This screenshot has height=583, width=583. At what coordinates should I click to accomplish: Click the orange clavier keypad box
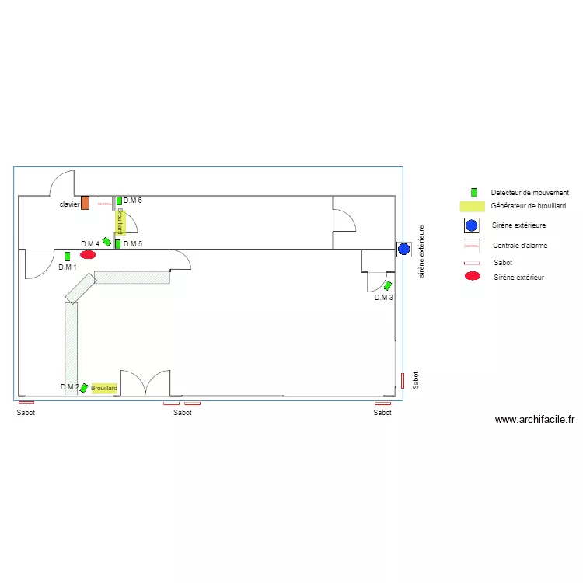click(x=86, y=203)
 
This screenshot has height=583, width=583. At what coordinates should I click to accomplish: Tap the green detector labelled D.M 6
click(x=119, y=201)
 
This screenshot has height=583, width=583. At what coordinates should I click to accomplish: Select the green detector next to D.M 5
click(x=117, y=244)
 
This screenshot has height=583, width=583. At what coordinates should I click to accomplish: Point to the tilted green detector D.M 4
click(x=107, y=242)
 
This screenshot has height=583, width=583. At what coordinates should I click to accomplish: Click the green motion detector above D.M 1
click(x=67, y=256)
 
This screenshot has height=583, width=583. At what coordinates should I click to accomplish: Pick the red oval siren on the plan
click(x=88, y=254)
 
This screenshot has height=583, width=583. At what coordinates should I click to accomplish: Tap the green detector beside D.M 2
click(x=84, y=388)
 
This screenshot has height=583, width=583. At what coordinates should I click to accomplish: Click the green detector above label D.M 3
click(x=387, y=285)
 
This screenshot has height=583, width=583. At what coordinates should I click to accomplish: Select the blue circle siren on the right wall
click(x=403, y=250)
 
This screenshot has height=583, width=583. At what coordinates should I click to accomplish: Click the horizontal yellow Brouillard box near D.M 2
click(x=104, y=388)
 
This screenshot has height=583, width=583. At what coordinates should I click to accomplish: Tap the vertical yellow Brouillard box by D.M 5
click(x=120, y=222)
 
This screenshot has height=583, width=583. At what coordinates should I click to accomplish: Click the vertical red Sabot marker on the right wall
click(x=403, y=380)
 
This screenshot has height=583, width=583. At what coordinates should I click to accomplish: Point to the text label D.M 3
click(x=383, y=298)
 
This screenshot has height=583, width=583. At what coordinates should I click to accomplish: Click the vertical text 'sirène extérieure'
click(x=421, y=251)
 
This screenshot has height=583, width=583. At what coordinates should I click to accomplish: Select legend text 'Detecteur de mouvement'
click(x=529, y=192)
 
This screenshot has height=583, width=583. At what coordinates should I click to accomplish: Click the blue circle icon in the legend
click(x=471, y=225)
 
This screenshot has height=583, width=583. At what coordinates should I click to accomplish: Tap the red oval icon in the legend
click(x=471, y=277)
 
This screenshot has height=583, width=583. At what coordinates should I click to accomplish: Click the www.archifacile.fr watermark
click(x=534, y=420)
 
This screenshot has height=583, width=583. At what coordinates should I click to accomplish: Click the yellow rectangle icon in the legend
click(x=471, y=207)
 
